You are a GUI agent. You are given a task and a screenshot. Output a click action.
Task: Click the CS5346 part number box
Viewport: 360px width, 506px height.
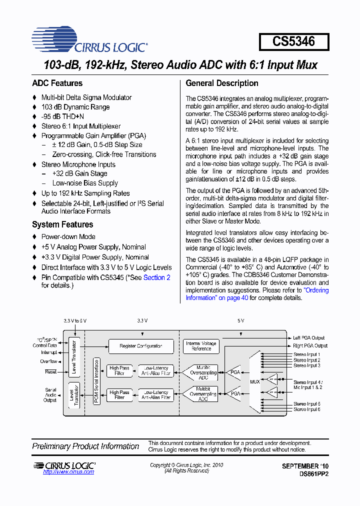tap(294, 41)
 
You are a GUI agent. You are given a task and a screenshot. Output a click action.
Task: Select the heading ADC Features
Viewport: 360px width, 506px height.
tap(57, 83)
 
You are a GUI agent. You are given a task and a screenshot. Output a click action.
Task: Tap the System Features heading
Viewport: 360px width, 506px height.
tap(62, 224)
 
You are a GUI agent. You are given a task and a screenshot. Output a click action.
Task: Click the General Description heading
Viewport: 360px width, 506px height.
tap(222, 83)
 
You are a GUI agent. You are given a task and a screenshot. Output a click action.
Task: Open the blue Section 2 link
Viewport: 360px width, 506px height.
tap(157, 277)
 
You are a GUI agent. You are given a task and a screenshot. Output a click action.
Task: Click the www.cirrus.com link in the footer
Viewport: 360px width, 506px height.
tap(68, 472)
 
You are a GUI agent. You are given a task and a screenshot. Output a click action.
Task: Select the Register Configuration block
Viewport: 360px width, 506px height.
tap(141, 346)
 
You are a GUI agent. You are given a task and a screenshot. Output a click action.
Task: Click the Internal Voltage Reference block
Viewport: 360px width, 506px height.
tap(201, 346)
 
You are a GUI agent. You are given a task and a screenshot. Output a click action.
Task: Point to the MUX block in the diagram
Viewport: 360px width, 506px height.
tap(255, 382)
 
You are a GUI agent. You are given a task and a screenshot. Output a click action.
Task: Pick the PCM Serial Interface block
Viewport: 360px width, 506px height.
tap(97, 381)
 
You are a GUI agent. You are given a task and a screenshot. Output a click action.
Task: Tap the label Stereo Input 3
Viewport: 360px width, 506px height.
tap(306, 365)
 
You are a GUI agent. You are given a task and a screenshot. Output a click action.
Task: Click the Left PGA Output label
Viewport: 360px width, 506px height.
tap(309, 338)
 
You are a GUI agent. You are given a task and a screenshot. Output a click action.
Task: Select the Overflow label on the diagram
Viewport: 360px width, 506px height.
tap(49, 361)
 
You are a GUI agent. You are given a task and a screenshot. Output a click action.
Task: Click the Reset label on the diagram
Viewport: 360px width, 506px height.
tap(51, 372)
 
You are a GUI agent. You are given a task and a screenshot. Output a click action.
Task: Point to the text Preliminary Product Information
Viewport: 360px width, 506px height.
tap(85, 446)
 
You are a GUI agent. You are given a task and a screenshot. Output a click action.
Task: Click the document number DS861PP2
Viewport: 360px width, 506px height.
tap(314, 472)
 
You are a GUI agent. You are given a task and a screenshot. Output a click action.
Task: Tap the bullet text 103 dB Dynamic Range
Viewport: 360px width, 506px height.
tap(75, 107)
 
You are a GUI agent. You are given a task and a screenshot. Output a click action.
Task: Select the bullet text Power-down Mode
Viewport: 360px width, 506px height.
tap(68, 237)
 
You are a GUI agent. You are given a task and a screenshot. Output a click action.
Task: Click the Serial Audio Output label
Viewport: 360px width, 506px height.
tap(50, 394)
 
